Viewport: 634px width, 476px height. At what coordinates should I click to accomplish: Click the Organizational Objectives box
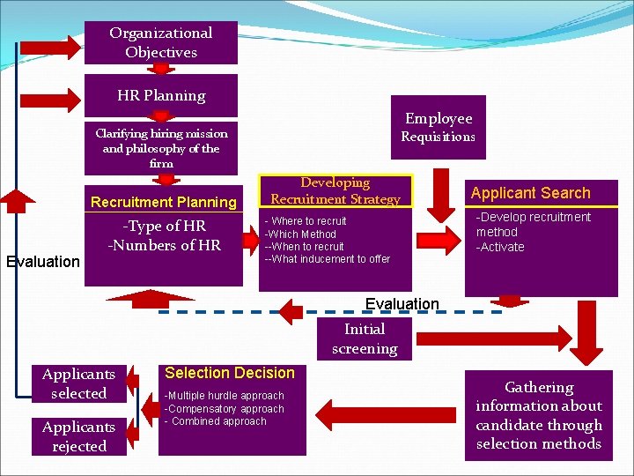tap(161, 42)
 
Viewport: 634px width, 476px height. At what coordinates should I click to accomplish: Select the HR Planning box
tap(161, 95)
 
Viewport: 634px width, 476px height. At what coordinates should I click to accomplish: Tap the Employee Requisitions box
tap(439, 127)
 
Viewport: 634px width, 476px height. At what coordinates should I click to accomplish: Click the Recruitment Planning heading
tap(164, 202)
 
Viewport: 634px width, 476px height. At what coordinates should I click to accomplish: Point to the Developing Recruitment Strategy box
tap(335, 190)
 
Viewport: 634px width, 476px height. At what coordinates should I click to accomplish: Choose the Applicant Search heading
tap(530, 193)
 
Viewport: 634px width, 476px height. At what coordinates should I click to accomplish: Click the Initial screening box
tap(365, 338)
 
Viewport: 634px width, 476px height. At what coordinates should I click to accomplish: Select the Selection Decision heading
tap(230, 373)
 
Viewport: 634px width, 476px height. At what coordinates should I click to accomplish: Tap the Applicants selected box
tap(78, 383)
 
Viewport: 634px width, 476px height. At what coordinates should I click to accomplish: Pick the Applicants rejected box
tap(78, 436)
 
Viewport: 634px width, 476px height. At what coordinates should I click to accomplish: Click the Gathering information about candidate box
tap(539, 415)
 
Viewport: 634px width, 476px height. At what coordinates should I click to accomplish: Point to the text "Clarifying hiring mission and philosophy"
tap(161, 147)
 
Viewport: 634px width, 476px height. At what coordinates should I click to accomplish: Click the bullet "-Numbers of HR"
tap(165, 245)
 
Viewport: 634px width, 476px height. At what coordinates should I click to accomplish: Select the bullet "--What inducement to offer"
tap(328, 259)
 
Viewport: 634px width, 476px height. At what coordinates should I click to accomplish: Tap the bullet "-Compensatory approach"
tap(225, 409)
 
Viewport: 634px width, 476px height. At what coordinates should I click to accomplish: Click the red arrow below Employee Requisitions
tap(439, 207)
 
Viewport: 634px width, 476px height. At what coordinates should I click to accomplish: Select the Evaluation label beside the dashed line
tap(402, 304)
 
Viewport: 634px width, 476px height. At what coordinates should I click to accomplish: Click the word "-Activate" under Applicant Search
tap(500, 247)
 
